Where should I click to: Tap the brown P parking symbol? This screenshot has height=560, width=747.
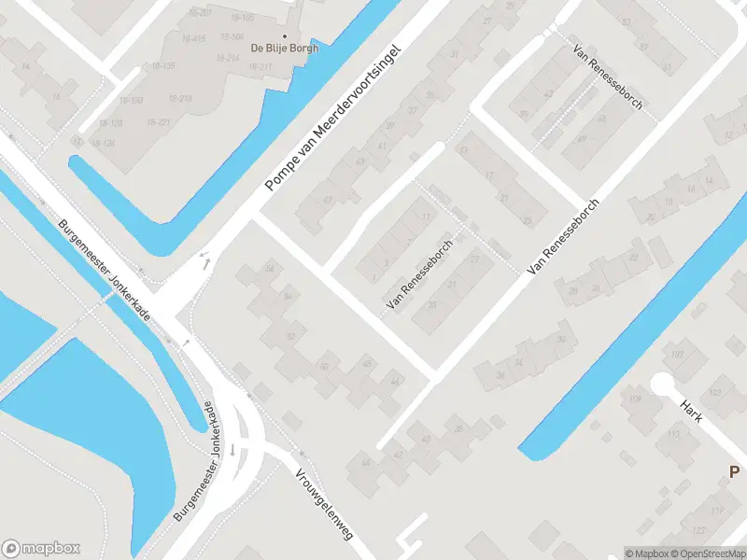pyautogui.click(x=735, y=472)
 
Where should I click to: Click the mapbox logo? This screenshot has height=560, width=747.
pyautogui.click(x=42, y=548)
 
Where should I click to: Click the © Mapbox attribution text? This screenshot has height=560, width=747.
pyautogui.click(x=646, y=553)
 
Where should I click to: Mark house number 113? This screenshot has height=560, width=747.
pyautogui.click(x=673, y=434)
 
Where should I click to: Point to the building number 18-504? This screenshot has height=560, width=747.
pyautogui.click(x=232, y=35)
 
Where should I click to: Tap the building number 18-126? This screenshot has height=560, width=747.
pyautogui.click(x=103, y=143)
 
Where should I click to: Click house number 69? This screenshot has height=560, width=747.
pyautogui.click(x=360, y=162)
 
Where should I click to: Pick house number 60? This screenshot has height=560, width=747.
pyautogui.click(x=324, y=367)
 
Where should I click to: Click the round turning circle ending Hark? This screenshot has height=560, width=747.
pyautogui.click(x=662, y=384)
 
